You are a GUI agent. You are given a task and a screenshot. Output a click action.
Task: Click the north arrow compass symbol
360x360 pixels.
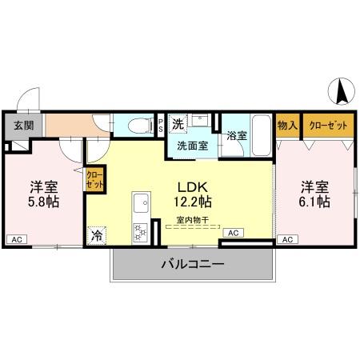(340, 92)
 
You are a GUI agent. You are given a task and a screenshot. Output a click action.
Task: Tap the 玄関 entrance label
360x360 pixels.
(23, 126)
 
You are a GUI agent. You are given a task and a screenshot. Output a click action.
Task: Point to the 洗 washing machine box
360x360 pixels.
(178, 124)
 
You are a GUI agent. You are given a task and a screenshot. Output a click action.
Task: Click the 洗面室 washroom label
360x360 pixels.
(192, 146)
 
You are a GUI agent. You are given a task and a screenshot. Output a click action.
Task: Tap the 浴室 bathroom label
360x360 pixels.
(236, 136)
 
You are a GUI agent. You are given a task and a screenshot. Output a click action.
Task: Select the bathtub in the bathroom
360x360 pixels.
(261, 128)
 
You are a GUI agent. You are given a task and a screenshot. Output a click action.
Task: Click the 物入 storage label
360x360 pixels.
(286, 126)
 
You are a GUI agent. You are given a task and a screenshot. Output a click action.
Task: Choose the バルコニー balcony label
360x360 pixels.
(192, 263)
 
